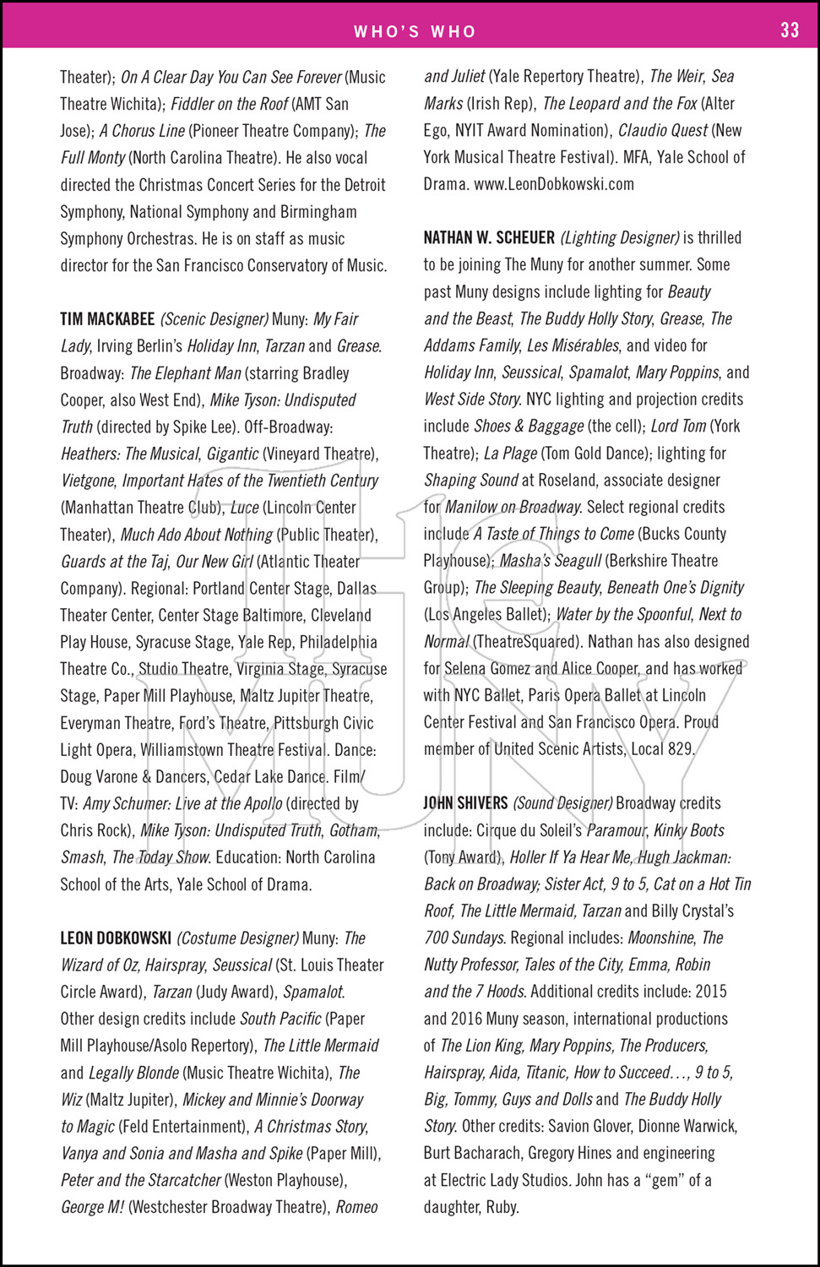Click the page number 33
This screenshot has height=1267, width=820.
pos(790,30)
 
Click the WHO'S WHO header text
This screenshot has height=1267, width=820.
pos(415,31)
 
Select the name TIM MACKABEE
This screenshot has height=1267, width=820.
pos(107,319)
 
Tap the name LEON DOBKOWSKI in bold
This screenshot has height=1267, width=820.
pos(116,938)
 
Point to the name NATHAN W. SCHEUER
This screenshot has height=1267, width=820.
pos(489,238)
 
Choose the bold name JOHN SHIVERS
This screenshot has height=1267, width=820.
pos(465,803)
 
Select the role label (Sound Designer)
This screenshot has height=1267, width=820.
pos(562,803)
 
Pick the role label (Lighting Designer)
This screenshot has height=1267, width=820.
pos(620,238)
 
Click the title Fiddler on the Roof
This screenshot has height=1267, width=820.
pos(230,104)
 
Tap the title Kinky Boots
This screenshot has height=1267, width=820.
pos(689,830)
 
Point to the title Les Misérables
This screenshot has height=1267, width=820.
pos(573,345)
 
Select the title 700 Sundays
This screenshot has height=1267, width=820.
pos(464,938)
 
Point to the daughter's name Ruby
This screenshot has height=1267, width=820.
pos(501,1207)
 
